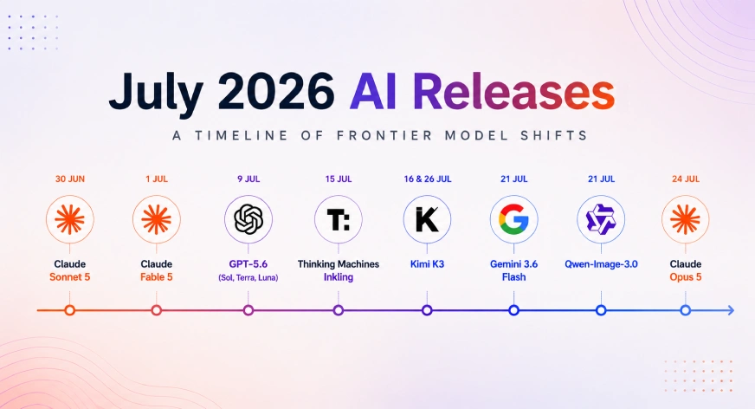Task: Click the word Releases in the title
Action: (513, 92)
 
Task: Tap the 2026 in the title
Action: (276, 92)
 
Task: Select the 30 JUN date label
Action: (70, 179)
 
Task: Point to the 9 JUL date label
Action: (248, 179)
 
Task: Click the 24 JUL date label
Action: (686, 179)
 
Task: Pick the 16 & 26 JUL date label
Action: (428, 179)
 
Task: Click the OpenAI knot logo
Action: (248, 219)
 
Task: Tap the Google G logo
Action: (513, 219)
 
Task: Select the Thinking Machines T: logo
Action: (339, 219)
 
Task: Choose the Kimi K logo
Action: (427, 219)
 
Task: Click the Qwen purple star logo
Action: (601, 219)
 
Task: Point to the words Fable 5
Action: (157, 277)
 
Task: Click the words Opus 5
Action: (686, 277)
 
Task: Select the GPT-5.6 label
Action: (248, 264)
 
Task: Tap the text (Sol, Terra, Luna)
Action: (248, 277)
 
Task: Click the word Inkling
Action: (339, 277)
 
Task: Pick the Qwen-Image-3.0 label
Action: (601, 264)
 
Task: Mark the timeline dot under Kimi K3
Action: (427, 310)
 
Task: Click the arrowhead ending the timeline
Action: (731, 310)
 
